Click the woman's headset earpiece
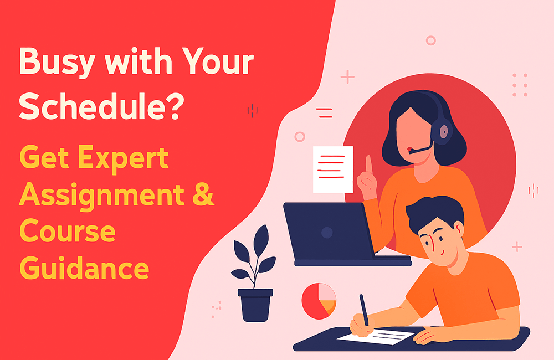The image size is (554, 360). (444, 131)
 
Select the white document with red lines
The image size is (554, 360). (332, 169)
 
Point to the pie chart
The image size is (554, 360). (319, 300)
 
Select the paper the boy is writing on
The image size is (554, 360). (377, 335)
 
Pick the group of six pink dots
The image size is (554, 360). (520, 85)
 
